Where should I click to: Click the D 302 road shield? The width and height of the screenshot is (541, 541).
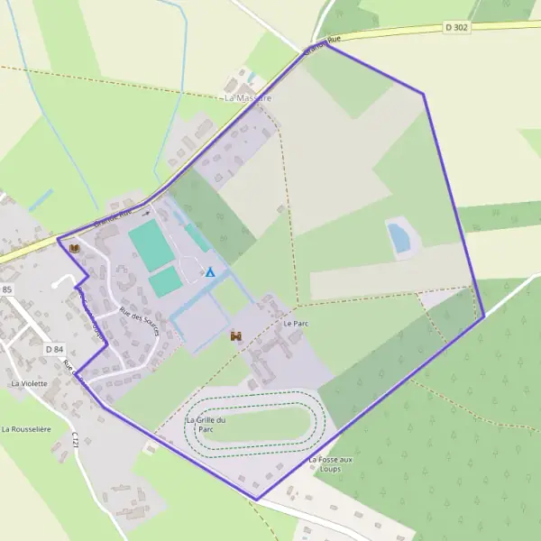click(x=457, y=28)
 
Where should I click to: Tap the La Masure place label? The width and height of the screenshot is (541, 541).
click(x=247, y=96)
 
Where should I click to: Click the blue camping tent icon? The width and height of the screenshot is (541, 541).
click(x=210, y=271)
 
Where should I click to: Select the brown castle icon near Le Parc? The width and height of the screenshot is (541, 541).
click(x=237, y=335)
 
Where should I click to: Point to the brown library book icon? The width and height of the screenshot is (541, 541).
click(x=74, y=247)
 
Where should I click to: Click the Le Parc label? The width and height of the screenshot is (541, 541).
click(x=295, y=323)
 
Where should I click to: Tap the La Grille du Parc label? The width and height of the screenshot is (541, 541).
click(x=206, y=424)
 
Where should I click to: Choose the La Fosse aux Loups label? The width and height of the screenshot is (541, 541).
click(x=330, y=464)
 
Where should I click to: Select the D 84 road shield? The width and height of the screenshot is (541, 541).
click(x=54, y=349)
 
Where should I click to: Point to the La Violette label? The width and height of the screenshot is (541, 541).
click(x=29, y=383)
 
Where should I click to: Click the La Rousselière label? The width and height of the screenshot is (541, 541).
click(x=30, y=429)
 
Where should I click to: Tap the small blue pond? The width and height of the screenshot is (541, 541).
click(x=398, y=238)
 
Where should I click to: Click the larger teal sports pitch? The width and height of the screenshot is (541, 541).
click(x=151, y=245)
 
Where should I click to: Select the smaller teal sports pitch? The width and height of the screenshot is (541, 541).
click(x=165, y=282)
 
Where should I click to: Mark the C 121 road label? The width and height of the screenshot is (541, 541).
click(x=76, y=442)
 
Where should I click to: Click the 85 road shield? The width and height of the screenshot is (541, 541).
click(x=7, y=289)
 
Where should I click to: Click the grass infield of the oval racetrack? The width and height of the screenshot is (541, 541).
click(x=254, y=424)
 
